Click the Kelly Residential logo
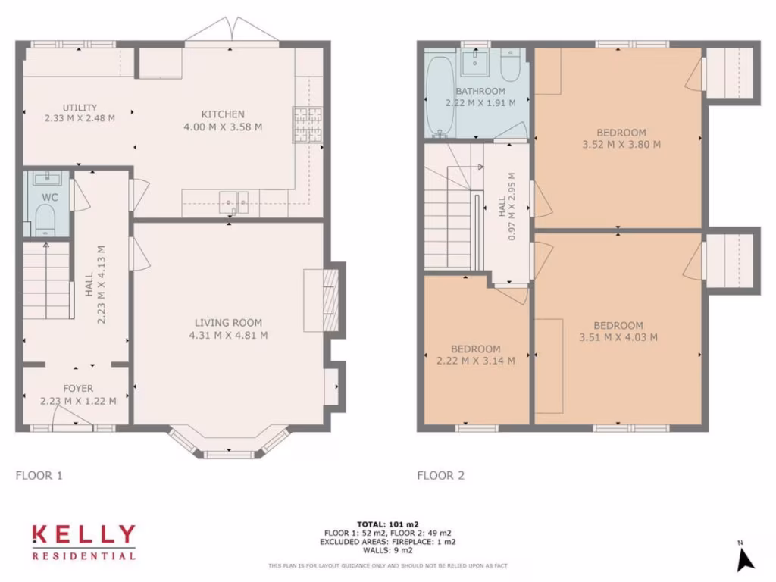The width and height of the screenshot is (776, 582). [x=83, y=542]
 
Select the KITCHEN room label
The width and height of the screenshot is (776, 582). [x=223, y=114]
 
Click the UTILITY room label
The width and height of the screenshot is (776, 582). [x=80, y=108]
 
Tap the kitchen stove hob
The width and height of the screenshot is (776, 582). [x=307, y=125]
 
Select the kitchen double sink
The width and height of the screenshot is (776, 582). [x=234, y=202]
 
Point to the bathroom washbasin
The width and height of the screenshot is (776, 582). [x=477, y=61]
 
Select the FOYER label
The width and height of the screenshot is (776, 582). [x=78, y=389]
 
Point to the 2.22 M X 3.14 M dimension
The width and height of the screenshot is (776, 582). [x=476, y=361]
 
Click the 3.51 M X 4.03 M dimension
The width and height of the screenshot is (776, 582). [x=618, y=337]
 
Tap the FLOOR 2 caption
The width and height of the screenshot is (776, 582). [x=440, y=476]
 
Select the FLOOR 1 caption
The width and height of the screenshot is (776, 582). [x=39, y=476]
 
